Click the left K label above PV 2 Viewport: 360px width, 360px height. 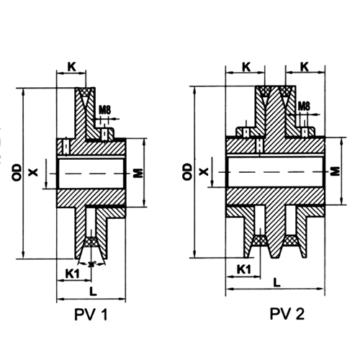(246, 67)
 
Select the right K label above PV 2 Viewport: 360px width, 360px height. (306, 67)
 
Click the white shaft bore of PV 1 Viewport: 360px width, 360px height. (92, 173)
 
